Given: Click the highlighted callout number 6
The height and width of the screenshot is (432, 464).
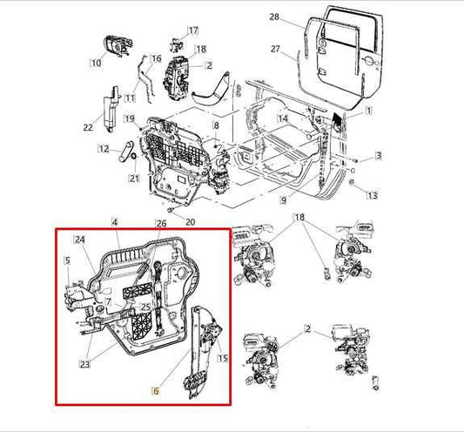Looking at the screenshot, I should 156,392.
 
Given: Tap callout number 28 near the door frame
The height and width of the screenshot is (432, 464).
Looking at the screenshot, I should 274,17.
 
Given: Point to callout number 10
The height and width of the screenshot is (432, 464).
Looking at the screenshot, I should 95,62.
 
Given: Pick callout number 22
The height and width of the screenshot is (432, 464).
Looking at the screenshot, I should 88,128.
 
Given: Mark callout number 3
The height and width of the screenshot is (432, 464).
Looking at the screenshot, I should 379,156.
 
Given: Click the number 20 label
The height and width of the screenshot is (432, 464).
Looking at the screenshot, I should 190,221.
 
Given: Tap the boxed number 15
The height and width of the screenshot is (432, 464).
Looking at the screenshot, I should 221,359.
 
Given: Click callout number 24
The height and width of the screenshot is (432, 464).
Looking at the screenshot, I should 79,240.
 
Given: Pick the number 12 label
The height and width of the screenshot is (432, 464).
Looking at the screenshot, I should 103,148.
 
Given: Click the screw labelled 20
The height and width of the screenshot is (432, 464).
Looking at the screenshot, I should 171,211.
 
